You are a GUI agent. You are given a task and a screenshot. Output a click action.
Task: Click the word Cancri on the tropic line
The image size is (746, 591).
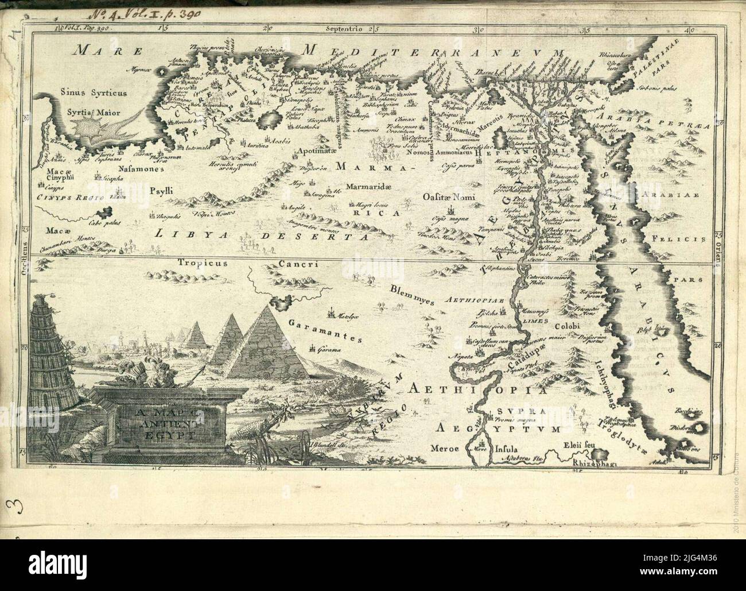297,264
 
